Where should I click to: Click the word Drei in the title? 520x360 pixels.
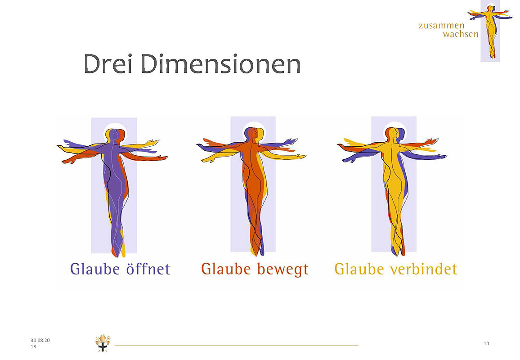(x=108, y=64)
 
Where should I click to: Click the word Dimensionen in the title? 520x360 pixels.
(x=221, y=64)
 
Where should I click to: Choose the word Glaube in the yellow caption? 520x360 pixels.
(x=359, y=269)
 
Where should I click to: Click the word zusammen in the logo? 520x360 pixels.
(x=441, y=26)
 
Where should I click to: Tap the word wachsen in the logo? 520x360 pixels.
(x=461, y=34)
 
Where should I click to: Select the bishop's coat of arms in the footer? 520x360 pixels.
(x=103, y=343)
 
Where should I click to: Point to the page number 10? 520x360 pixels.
(x=486, y=343)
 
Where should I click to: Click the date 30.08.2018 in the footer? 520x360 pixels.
(x=40, y=343)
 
